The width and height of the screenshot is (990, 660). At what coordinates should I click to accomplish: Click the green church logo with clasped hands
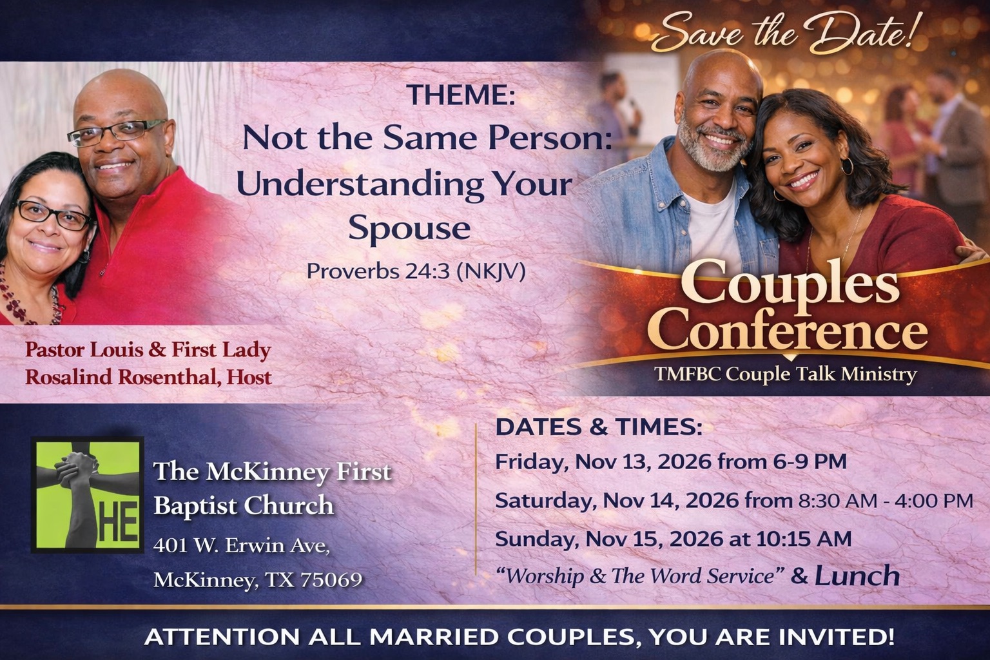88,495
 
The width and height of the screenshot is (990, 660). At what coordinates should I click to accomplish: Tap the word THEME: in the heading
461,94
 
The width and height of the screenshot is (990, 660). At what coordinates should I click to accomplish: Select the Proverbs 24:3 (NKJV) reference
416,271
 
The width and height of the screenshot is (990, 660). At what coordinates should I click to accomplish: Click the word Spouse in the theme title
409,228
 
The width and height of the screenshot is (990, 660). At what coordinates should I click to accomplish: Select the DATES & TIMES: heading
599,427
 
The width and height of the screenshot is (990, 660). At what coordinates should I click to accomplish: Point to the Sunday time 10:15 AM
804,539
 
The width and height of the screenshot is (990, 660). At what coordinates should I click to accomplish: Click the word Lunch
857,576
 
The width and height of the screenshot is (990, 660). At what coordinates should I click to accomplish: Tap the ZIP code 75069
331,579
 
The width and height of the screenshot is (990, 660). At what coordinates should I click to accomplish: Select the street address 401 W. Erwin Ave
242,545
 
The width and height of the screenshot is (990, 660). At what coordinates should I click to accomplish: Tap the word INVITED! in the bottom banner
836,637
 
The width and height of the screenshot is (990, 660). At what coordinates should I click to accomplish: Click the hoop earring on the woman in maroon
847,166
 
